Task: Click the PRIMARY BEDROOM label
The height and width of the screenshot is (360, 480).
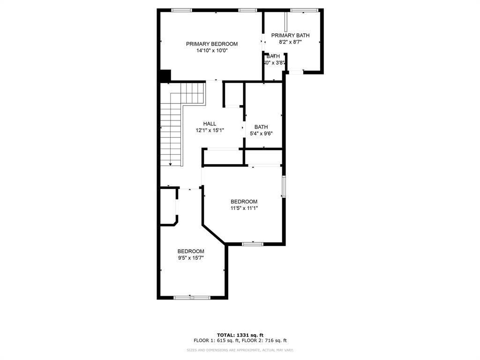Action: (212, 44)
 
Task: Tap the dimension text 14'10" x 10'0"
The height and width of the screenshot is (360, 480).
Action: (212, 51)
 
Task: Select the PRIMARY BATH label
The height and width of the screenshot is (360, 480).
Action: (290, 35)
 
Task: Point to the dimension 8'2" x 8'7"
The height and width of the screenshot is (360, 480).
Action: (290, 42)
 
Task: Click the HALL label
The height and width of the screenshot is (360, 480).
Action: (210, 124)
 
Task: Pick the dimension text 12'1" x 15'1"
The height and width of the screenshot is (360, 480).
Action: (210, 130)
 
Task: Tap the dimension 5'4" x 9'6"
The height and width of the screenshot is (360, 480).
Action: (261, 133)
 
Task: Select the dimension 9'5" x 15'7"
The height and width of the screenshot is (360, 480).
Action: (191, 257)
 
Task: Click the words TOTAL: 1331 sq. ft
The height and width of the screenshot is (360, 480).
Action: (240, 335)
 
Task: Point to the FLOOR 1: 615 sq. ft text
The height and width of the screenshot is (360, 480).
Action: (216, 340)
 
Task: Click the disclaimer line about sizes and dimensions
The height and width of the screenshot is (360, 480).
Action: (240, 350)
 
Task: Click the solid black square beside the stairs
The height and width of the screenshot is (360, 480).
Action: (165, 75)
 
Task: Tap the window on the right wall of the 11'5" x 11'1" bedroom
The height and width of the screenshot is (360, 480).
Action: (284, 187)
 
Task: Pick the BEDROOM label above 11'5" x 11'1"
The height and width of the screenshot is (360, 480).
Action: (244, 202)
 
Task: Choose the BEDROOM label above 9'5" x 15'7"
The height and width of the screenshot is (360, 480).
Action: (191, 251)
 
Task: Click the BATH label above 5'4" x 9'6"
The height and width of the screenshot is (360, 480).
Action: (261, 127)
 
